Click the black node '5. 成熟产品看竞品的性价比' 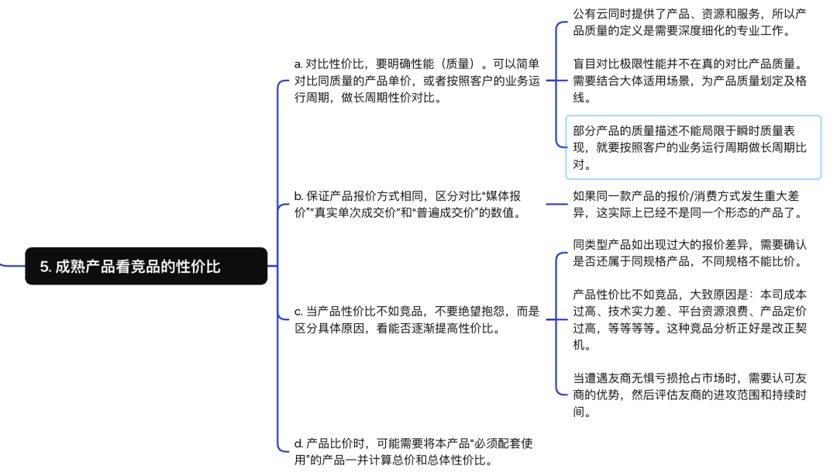click(146, 266)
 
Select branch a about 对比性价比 click(417, 81)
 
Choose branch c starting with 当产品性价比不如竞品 click(417, 319)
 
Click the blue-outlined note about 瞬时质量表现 click(693, 147)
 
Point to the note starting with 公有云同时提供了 click(690, 22)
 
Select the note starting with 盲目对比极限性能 click(690, 81)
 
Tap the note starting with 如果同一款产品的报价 click(690, 204)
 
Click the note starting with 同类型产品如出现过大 click(690, 253)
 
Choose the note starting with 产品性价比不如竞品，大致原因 click(690, 319)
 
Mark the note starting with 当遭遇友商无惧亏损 click(690, 395)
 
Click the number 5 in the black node click(45, 267)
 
